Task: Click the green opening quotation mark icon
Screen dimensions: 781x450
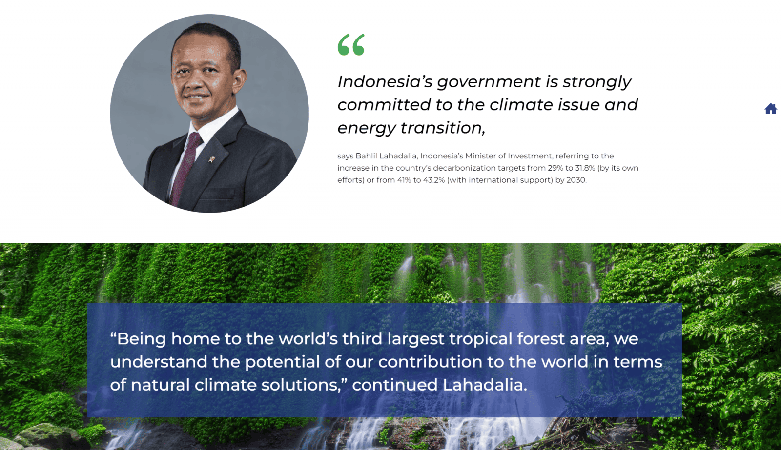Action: click(x=351, y=44)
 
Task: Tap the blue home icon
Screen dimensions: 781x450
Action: click(x=771, y=109)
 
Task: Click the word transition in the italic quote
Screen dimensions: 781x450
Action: click(x=442, y=128)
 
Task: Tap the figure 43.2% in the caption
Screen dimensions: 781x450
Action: click(x=434, y=180)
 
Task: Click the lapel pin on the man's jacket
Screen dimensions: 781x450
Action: click(x=211, y=159)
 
